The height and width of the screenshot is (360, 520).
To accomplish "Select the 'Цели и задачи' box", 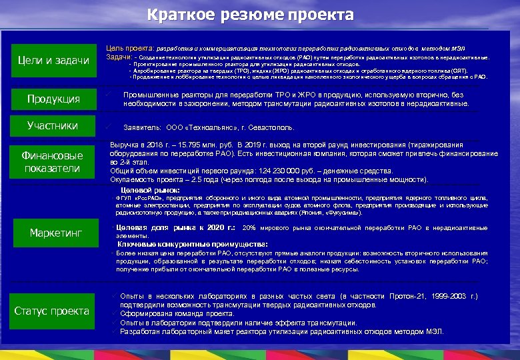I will (x=53, y=61).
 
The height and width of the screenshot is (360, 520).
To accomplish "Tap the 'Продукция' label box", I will (x=53, y=99).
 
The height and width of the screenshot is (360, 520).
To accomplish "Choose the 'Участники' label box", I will (x=53, y=125).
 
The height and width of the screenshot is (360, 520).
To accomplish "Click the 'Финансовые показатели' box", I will (x=53, y=161).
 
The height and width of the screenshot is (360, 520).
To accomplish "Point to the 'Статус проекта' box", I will (x=52, y=311).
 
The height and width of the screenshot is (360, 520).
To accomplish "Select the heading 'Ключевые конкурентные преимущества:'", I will (x=193, y=245).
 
